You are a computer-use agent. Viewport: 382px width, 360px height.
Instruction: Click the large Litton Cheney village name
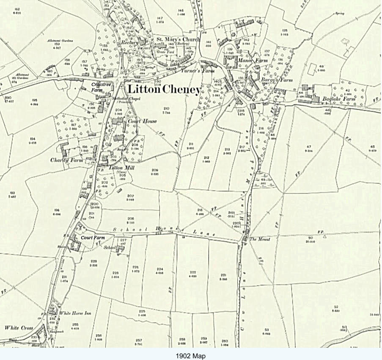(x=164, y=89)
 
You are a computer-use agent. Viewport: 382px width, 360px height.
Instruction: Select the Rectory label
(x=130, y=43)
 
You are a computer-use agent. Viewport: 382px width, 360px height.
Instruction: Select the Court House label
(x=142, y=121)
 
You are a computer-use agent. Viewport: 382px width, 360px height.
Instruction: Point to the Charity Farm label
(x=65, y=160)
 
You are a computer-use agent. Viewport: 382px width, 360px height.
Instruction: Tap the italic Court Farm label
(x=93, y=238)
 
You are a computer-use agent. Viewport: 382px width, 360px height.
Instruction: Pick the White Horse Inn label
(x=76, y=313)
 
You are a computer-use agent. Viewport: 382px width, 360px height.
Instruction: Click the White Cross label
(x=18, y=328)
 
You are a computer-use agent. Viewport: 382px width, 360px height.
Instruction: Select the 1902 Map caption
(x=191, y=356)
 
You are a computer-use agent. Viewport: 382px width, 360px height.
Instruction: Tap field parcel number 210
(x=165, y=108)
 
